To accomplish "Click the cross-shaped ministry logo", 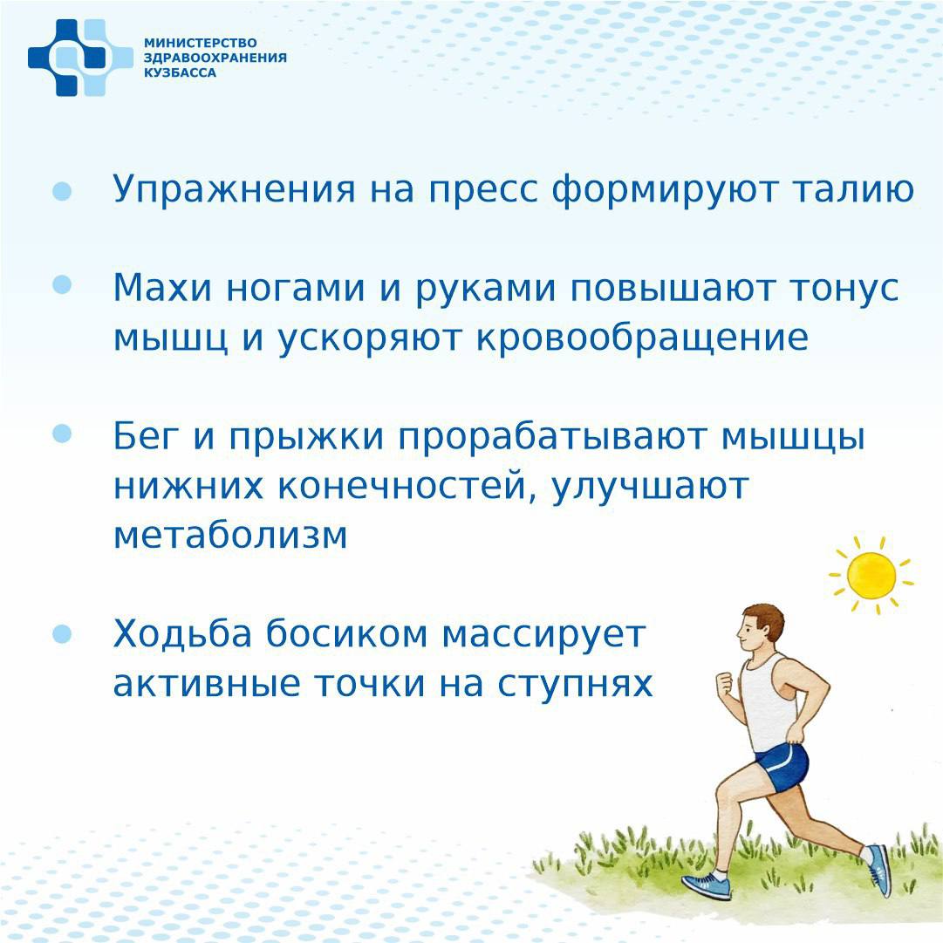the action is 80,58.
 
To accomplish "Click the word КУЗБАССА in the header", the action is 180,72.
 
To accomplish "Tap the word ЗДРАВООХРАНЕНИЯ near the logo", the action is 215,58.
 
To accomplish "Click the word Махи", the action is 162,288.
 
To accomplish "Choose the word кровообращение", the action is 642,338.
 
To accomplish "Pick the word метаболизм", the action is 230,535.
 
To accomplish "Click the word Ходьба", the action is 182,633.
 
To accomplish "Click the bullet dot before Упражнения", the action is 62,191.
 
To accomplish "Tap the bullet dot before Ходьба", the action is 62,633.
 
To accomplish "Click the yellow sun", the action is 871,576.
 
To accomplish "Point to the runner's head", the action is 761,630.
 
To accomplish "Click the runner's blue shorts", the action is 781,767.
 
